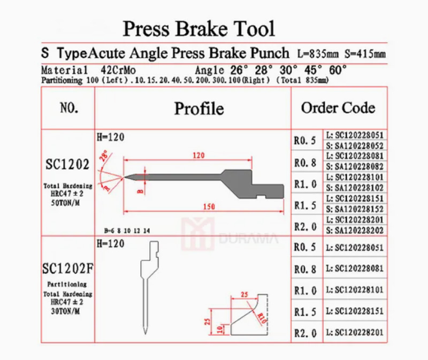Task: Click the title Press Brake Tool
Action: point(199,28)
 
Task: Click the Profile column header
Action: point(199,109)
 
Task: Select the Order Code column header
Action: point(338,108)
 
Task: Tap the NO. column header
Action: point(68,108)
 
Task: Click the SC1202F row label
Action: point(68,266)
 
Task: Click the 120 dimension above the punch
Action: point(199,156)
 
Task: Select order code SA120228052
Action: point(355,145)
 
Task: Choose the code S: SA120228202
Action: point(355,230)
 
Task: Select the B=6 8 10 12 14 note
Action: point(128,231)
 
